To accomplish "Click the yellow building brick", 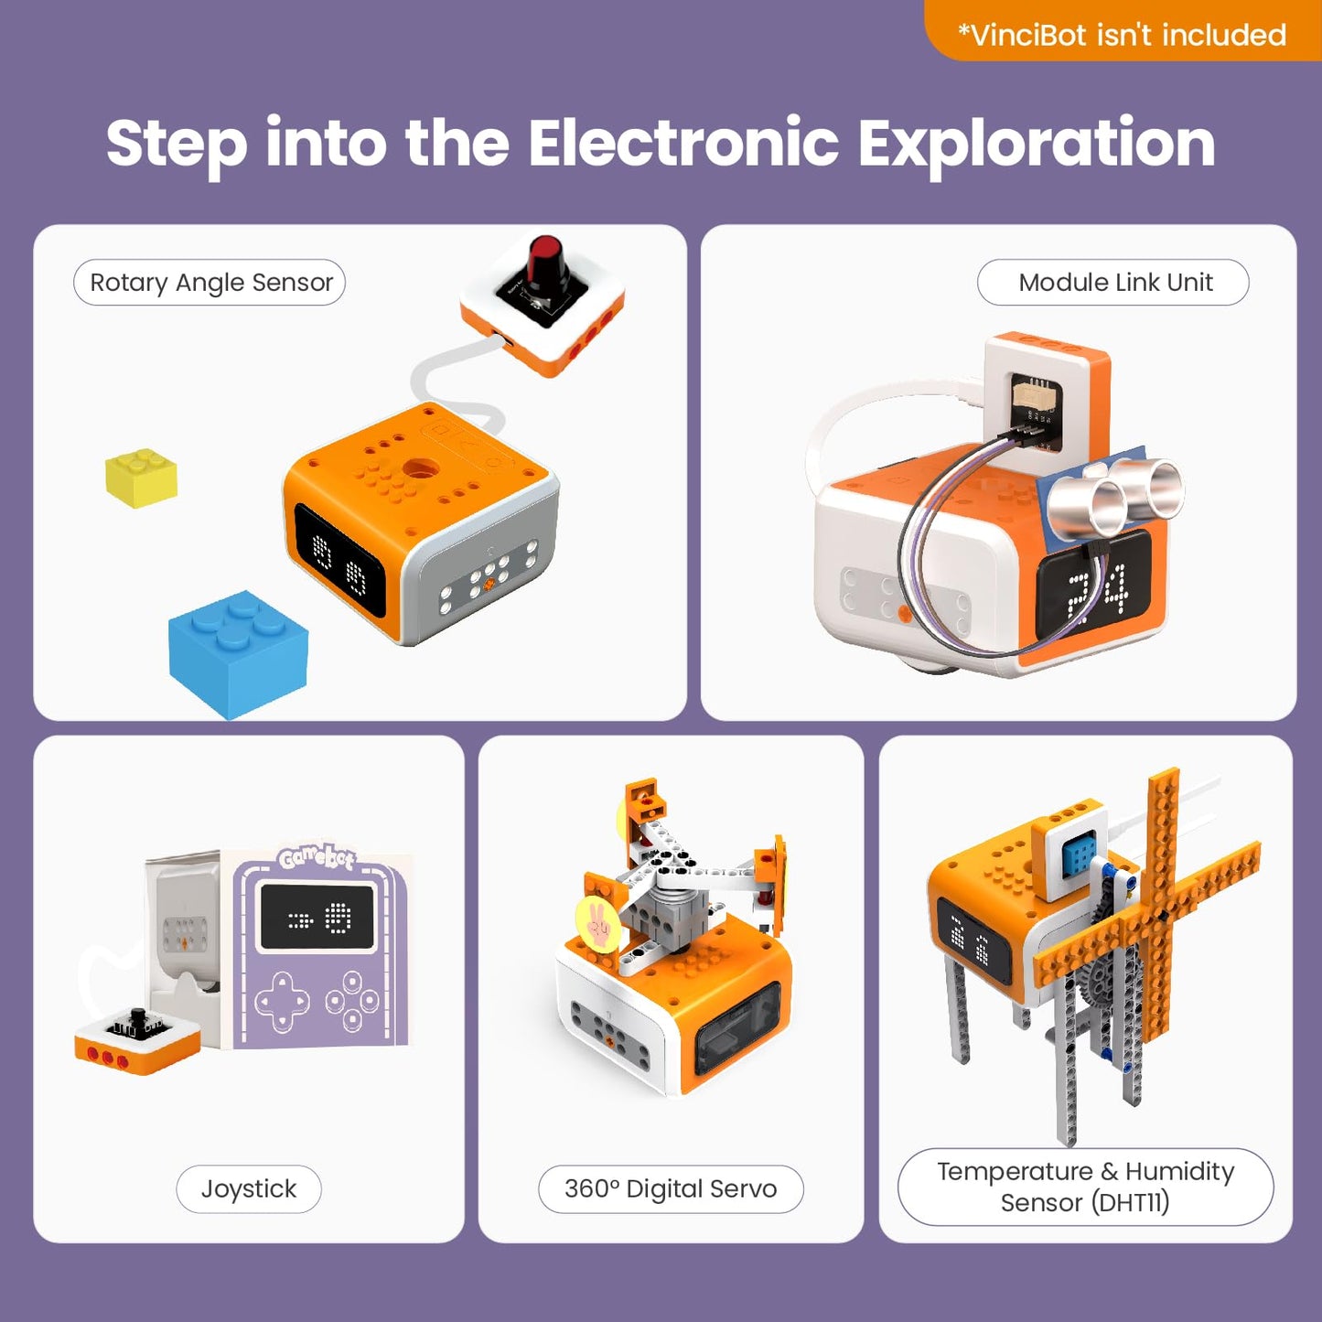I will click(x=141, y=478).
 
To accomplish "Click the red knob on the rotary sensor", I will click(x=546, y=261).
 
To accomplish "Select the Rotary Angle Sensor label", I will click(x=210, y=283).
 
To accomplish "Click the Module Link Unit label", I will click(x=1113, y=283).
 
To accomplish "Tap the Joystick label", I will click(x=248, y=1188).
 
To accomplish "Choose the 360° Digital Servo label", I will click(x=671, y=1188).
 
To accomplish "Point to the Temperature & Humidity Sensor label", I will click(x=1085, y=1187).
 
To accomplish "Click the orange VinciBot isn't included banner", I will click(x=1122, y=34).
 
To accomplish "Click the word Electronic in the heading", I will click(x=682, y=144).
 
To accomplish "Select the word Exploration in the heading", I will click(x=1036, y=144).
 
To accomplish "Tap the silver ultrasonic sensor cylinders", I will click(x=1116, y=494).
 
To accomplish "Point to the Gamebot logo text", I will click(x=317, y=857).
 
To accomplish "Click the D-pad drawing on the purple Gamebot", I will click(x=282, y=1000).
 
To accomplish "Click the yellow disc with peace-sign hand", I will click(x=598, y=925).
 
